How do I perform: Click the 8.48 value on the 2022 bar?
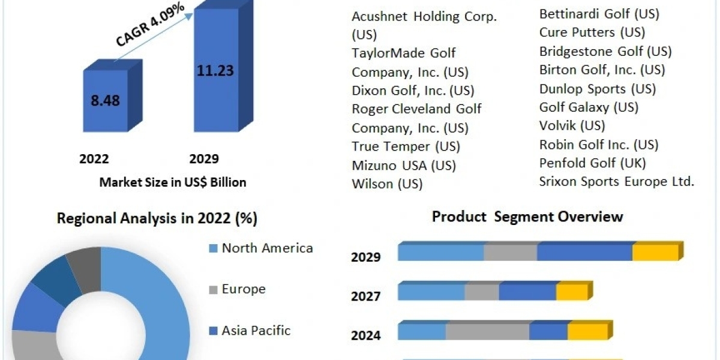point(105,100)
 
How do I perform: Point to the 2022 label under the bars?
point(94,159)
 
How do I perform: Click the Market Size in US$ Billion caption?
point(173,182)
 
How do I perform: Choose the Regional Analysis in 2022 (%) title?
point(157,218)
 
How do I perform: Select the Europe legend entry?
point(243,289)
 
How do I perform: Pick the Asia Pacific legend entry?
point(256,330)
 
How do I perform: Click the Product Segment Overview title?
point(527,217)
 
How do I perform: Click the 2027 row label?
point(365,296)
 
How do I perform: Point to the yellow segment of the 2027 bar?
point(571,292)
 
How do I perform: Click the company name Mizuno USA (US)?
point(404,165)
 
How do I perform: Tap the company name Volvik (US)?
point(572,126)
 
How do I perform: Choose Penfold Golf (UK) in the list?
point(592,163)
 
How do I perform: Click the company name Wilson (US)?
point(387,184)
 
